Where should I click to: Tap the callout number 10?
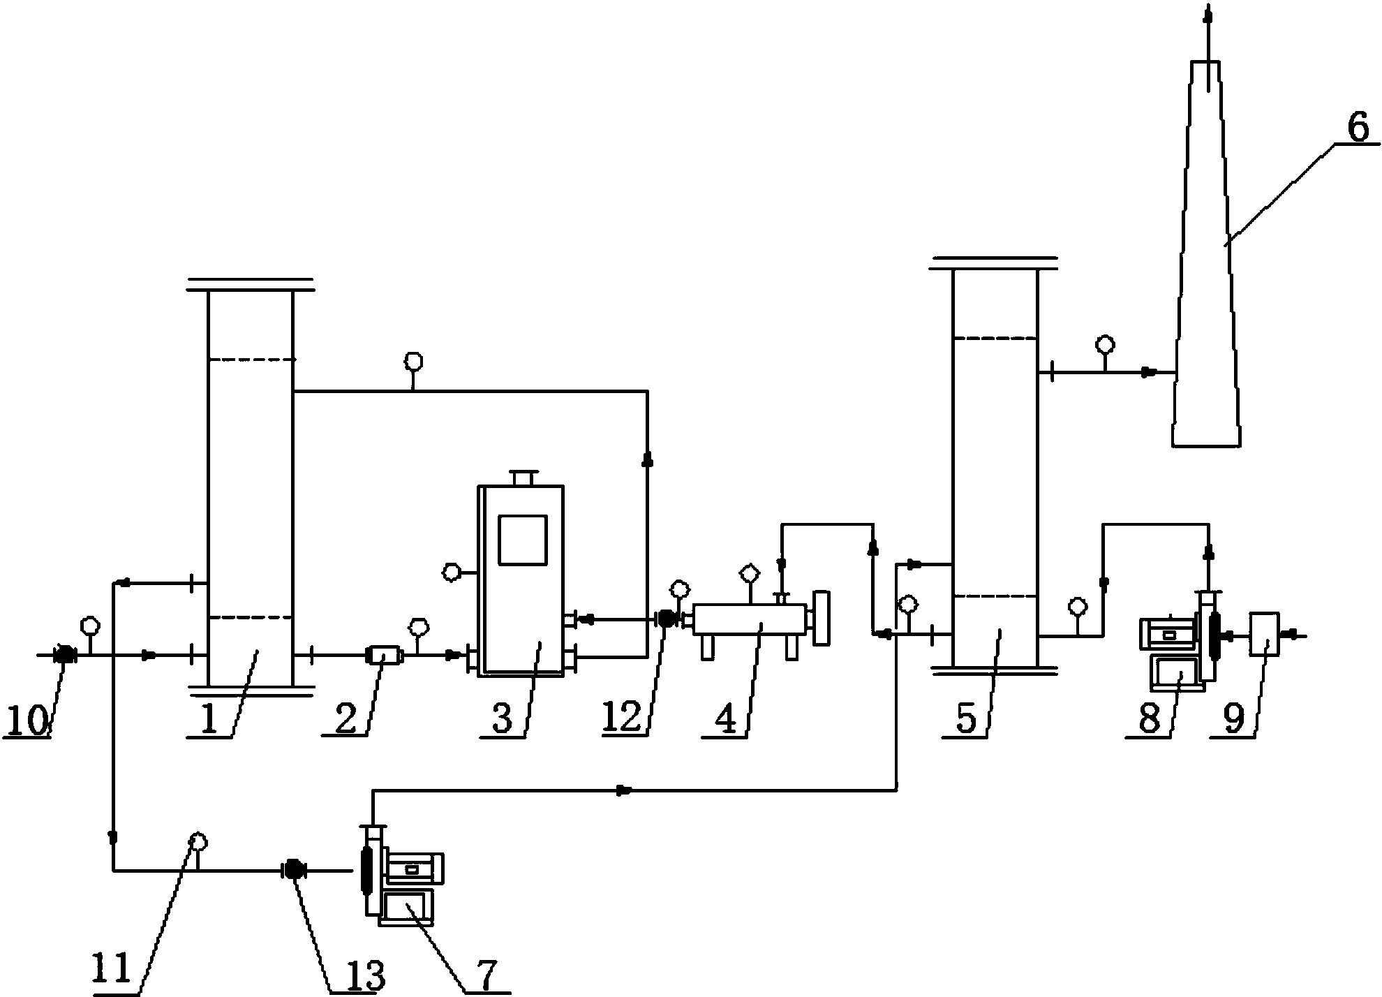coord(27,721)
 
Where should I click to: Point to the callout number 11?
coord(112,968)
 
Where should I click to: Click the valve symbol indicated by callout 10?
coord(64,655)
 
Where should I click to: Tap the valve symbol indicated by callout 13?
coord(293,870)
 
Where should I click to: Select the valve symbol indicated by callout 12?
coord(666,618)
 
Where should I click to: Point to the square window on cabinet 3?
coord(522,540)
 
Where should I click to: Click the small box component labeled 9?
coord(1265,634)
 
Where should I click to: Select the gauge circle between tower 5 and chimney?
coord(1105,344)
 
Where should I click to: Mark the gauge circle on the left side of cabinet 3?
coord(452,573)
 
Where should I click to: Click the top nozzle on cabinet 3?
coord(522,478)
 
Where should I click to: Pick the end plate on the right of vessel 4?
coord(822,619)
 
